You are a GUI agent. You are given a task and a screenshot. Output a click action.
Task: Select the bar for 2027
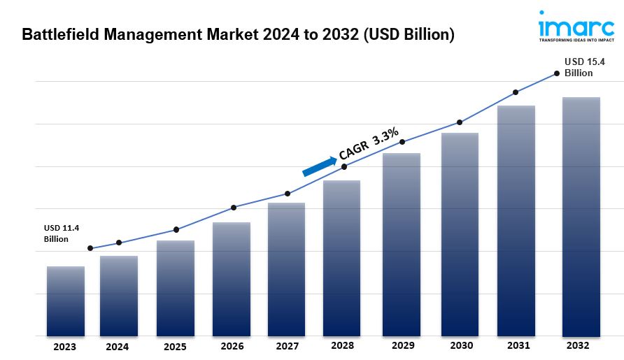[286, 269]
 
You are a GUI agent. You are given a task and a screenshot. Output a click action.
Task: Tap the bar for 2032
[581, 217]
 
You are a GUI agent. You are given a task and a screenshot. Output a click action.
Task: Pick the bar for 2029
[402, 245]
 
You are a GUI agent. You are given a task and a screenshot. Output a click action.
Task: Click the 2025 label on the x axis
[176, 346]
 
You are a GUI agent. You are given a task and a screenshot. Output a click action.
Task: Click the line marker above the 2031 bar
[516, 92]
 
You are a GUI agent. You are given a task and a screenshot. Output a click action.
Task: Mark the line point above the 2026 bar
[234, 208]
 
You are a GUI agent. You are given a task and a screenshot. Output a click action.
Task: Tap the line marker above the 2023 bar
[90, 248]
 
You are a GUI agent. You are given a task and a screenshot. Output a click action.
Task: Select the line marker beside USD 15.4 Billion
[557, 73]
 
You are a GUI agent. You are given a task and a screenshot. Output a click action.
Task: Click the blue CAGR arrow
[319, 166]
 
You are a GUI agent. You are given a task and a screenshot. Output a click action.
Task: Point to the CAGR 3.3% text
[368, 143]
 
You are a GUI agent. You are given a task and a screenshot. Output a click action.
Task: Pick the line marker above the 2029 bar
[402, 142]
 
